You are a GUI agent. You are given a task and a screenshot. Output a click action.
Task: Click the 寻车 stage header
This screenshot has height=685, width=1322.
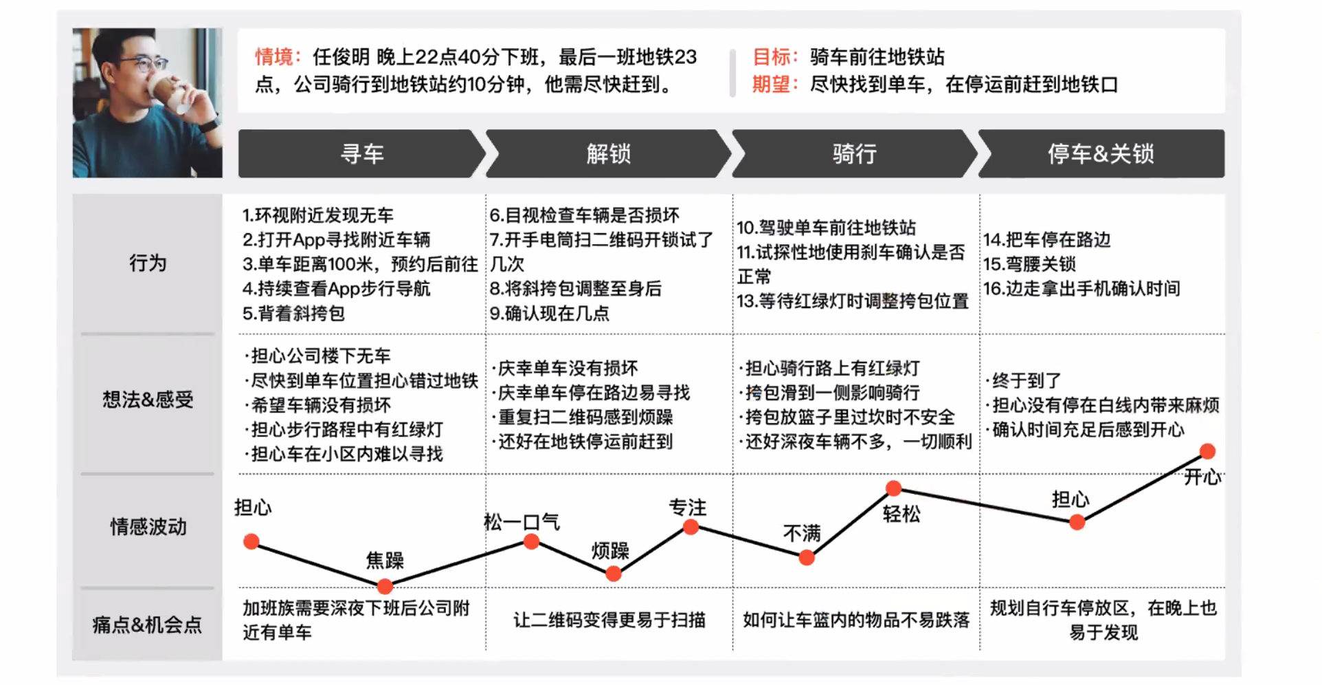[361, 153]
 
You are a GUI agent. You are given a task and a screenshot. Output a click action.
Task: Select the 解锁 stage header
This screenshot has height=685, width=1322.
[608, 153]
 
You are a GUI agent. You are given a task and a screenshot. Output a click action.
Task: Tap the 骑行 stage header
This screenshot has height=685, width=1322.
[854, 153]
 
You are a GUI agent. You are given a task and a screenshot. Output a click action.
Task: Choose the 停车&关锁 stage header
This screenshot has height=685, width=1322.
[1101, 153]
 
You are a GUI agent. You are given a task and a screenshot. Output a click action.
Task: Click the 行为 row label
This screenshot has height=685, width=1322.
[148, 263]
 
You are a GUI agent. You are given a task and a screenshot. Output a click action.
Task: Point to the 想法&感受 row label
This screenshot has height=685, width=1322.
[148, 400]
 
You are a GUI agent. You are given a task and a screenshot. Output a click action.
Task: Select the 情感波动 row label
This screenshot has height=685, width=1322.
[148, 527]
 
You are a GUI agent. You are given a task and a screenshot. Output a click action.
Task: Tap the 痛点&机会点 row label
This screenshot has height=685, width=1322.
[148, 624]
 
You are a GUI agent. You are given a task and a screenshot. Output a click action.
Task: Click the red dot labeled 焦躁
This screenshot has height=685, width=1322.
[385, 587]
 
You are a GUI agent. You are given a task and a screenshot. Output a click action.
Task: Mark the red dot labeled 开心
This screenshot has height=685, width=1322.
[1207, 451]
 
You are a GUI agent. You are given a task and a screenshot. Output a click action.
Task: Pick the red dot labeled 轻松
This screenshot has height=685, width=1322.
[893, 488]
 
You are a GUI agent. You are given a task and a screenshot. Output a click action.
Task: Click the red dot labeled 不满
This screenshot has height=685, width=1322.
[807, 558]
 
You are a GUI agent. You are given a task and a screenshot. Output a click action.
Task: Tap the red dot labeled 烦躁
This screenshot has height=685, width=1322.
[614, 574]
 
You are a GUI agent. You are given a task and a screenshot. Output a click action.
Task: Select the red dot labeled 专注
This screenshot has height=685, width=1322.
[691, 528]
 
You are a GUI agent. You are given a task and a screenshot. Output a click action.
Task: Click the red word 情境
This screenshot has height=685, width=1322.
[273, 56]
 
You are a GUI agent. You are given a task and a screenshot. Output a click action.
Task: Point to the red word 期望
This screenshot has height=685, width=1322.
[771, 84]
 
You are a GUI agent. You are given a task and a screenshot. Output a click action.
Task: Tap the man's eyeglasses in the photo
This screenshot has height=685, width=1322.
[144, 65]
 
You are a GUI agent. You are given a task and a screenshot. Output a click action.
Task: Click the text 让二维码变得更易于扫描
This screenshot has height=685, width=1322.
[609, 620]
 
